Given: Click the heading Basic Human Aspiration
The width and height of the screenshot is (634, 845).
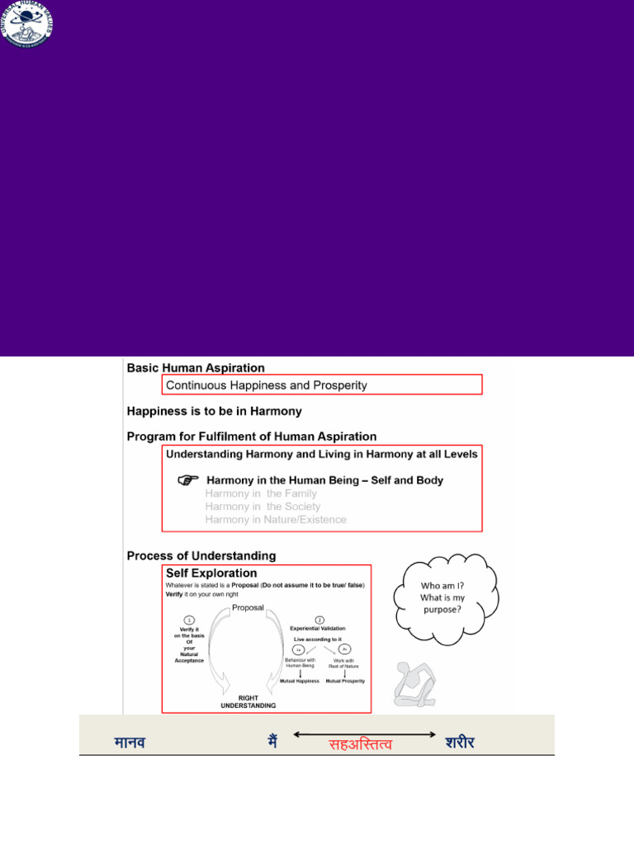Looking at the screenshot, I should [196, 368].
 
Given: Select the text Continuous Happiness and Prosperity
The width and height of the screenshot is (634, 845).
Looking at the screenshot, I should [267, 385].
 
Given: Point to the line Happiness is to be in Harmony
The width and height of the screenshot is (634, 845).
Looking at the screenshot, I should [214, 411].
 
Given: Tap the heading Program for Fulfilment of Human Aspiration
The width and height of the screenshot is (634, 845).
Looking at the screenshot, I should [251, 437].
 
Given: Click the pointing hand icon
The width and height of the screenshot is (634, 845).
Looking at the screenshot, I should [188, 480].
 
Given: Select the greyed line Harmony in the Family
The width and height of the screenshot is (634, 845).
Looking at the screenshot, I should [258, 493].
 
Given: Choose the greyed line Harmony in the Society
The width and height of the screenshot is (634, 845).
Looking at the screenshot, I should [263, 507].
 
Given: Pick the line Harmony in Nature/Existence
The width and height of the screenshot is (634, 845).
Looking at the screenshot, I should [276, 520].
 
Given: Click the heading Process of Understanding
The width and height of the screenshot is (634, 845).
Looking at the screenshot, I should [201, 556].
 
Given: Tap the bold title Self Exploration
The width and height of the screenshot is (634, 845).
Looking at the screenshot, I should [211, 573].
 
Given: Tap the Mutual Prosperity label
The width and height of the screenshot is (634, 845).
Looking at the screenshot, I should [345, 682].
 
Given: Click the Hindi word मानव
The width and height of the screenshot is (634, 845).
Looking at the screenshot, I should [131, 743].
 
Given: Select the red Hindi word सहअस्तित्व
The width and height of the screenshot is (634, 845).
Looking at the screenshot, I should [361, 745].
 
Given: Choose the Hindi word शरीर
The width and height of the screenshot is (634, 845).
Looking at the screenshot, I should [460, 743].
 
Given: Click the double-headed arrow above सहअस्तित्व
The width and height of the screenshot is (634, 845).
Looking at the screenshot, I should [364, 733].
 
